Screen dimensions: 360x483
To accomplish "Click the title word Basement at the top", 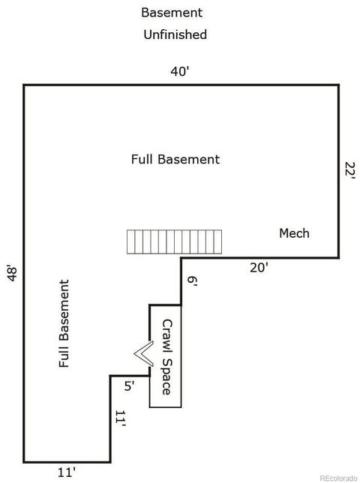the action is (172, 13).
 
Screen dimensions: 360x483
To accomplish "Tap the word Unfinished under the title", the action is (175, 34).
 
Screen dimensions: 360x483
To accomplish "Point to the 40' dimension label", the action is (180, 71).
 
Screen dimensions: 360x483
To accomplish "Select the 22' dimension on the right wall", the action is (350, 169).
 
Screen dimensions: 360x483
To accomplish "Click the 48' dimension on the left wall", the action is (13, 274).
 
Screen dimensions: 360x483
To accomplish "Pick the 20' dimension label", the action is (259, 268).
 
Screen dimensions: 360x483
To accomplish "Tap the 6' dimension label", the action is (192, 281).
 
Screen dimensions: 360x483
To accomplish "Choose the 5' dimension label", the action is (129, 385).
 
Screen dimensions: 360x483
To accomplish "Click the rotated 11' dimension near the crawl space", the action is (121, 418).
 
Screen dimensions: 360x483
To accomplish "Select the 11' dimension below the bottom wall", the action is (67, 472).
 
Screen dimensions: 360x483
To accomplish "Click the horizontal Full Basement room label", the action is (175, 159).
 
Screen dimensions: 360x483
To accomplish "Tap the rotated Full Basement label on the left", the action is (64, 323).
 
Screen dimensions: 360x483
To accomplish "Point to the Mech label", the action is (294, 233).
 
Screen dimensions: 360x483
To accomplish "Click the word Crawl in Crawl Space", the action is (167, 336).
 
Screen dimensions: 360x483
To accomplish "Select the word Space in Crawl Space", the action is (166, 376).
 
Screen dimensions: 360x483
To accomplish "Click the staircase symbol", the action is (174, 241).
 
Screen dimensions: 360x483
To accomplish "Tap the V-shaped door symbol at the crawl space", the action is (143, 354).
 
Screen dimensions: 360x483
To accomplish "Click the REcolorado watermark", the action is (338, 478).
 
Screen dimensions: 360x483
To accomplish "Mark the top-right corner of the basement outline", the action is (339, 85).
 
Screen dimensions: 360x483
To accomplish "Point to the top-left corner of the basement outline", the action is (24, 85).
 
